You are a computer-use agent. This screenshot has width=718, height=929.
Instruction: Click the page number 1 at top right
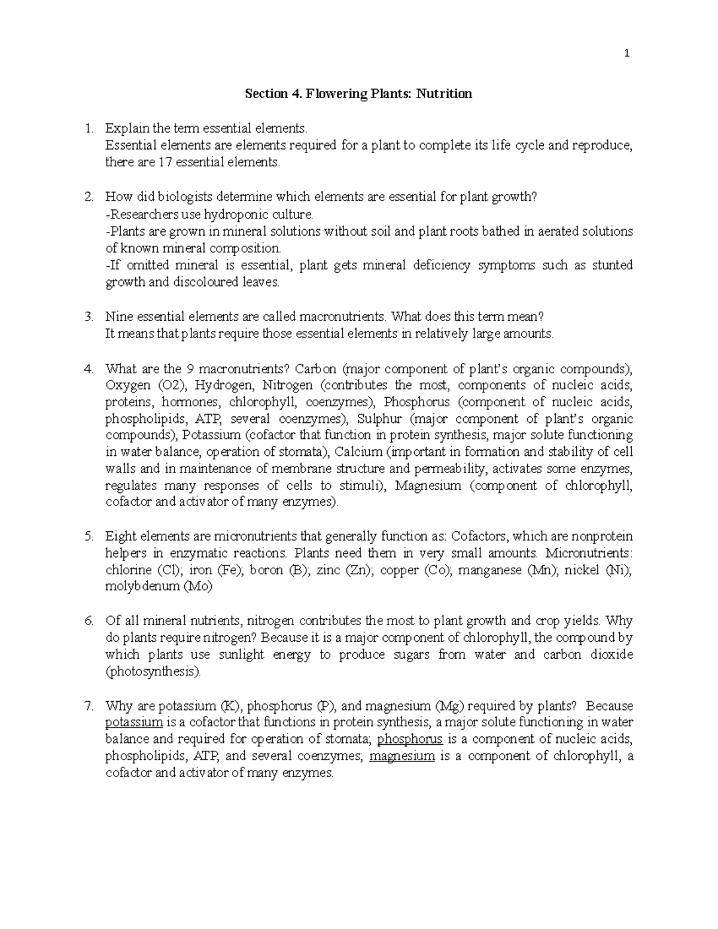(x=626, y=54)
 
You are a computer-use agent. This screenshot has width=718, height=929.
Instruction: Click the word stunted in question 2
(x=612, y=265)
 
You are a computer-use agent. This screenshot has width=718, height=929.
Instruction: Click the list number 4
(x=89, y=368)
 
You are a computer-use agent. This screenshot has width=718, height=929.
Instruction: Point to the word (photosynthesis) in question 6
(x=153, y=672)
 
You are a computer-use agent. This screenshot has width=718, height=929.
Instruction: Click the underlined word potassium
(x=134, y=723)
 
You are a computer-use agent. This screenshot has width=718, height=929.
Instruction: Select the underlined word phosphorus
(x=410, y=739)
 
